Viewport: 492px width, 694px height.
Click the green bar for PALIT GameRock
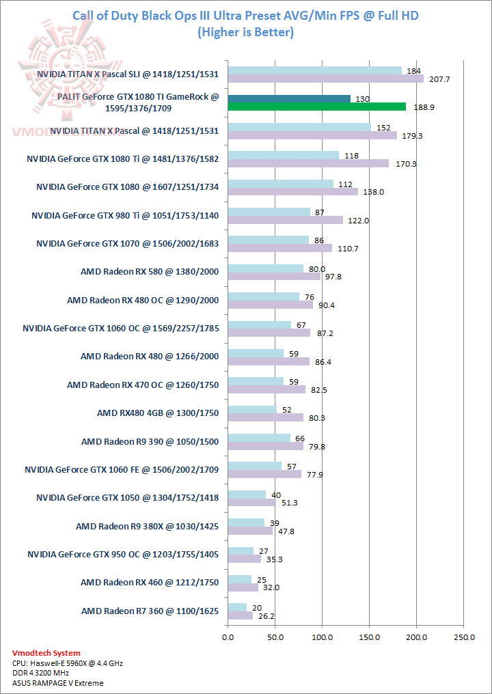[316, 107]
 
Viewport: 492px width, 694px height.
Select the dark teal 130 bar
[288, 98]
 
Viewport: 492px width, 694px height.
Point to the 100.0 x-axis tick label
[321, 637]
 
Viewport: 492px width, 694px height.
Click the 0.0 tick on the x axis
[228, 637]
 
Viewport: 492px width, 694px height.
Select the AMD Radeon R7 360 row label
[150, 611]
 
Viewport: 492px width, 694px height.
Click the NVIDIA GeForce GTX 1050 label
[127, 497]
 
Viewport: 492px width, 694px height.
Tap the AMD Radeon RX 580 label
[149, 271]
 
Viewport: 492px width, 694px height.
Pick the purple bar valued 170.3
[308, 163]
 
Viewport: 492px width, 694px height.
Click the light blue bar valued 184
[314, 70]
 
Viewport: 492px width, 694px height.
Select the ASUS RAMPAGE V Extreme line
[58, 682]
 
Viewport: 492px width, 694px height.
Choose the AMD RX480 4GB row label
[158, 413]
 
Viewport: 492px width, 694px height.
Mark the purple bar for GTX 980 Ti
[285, 220]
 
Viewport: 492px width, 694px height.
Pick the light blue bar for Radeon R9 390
[259, 437]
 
